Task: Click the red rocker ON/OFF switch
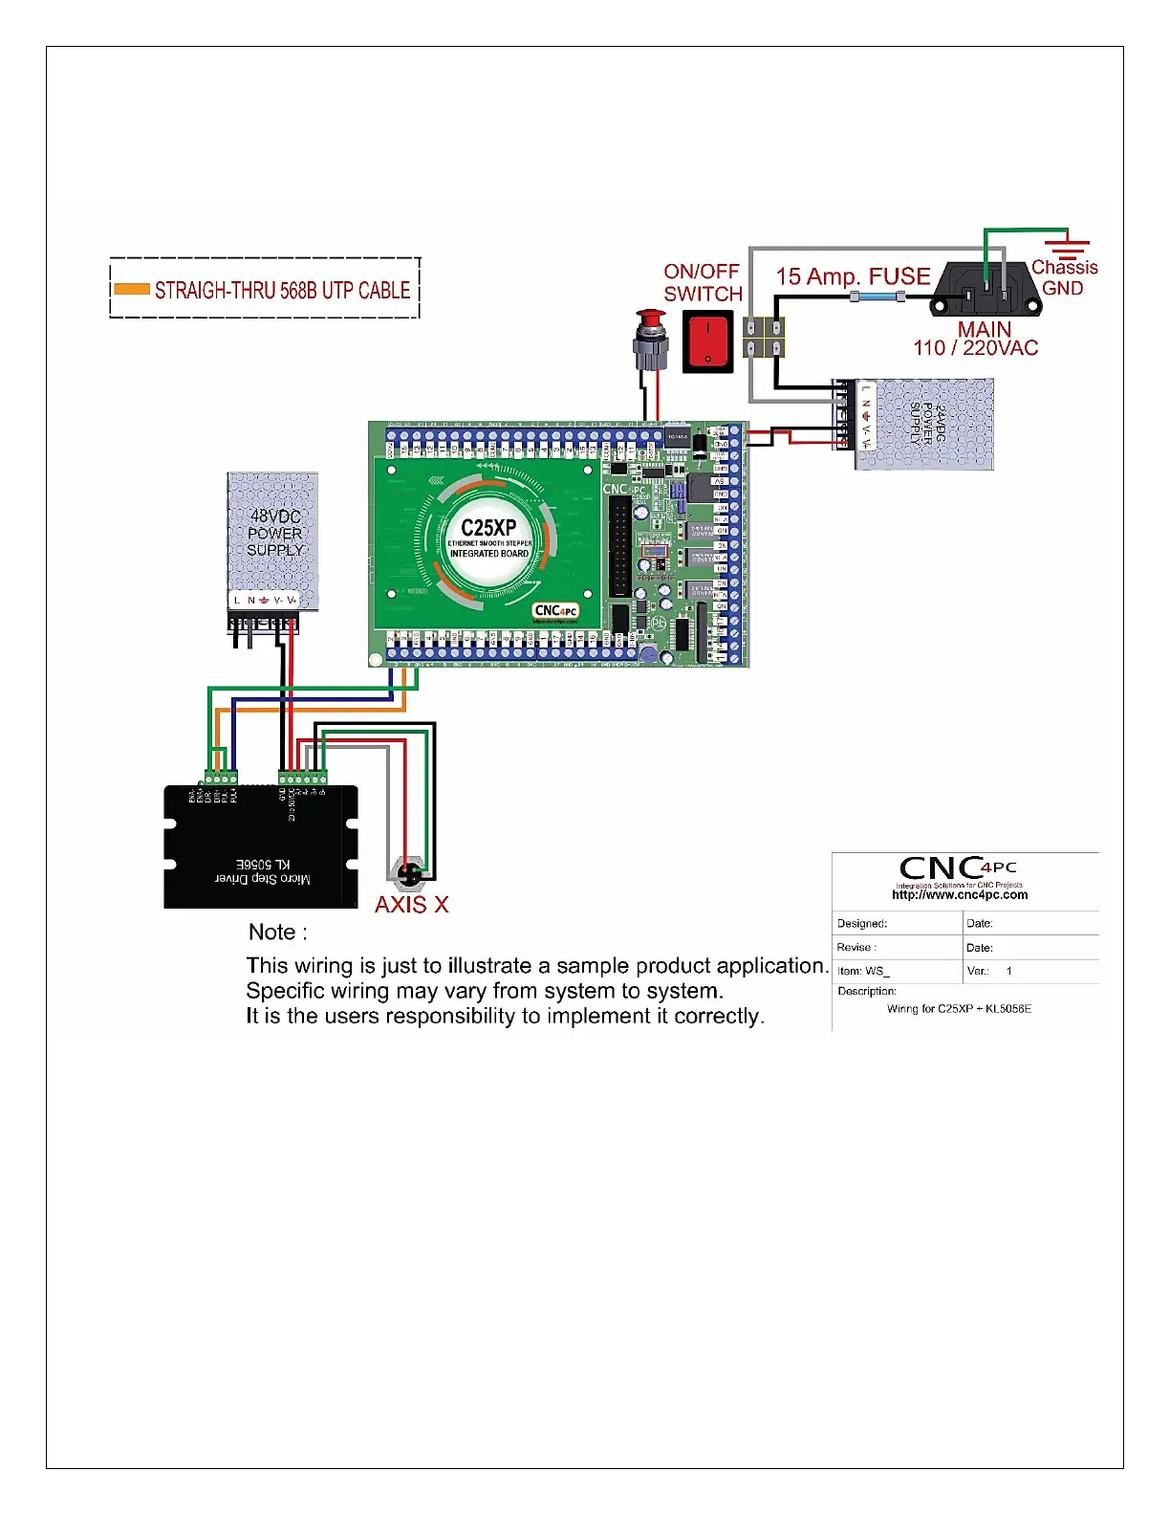tap(707, 342)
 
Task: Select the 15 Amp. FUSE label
tap(853, 276)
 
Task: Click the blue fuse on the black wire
tap(877, 297)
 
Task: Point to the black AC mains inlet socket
tap(986, 288)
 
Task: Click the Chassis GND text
tap(1064, 277)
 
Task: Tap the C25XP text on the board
tap(488, 528)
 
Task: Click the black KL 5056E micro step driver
tap(261, 847)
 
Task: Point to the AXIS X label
tap(411, 905)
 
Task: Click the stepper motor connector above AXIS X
tap(408, 872)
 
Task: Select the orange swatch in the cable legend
tap(132, 289)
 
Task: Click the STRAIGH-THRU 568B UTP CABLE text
tap(282, 290)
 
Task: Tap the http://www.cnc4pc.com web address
tap(960, 895)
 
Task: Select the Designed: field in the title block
tap(862, 924)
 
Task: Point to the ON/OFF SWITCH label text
tap(703, 283)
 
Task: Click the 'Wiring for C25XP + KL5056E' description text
tap(959, 1009)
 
